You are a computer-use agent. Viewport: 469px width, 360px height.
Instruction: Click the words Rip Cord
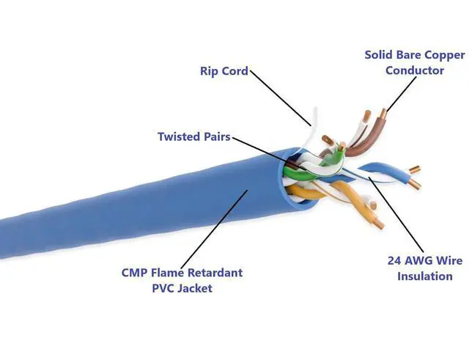[x=224, y=71]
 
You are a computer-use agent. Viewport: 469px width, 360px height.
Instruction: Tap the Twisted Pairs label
[x=193, y=136]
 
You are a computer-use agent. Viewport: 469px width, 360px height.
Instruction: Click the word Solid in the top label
[x=380, y=55]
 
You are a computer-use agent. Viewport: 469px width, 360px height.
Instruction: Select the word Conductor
[x=414, y=70]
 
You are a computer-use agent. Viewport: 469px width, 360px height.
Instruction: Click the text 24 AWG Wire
[x=424, y=260]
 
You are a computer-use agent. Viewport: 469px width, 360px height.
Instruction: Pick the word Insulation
[x=424, y=276]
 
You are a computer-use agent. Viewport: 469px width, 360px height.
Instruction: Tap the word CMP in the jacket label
[x=137, y=273]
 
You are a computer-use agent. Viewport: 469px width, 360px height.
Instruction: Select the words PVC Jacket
[x=182, y=288]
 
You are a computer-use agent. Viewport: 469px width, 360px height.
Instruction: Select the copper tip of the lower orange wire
[x=378, y=221]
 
